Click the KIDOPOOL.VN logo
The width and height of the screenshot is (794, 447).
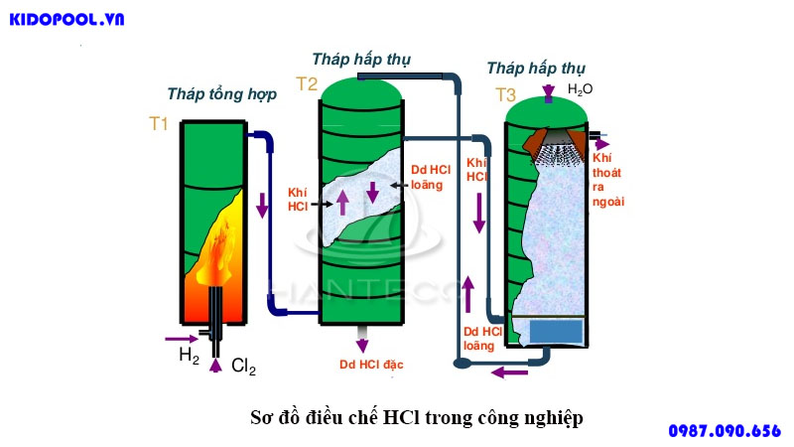click(66, 19)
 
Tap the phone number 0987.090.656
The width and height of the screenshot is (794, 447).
click(725, 430)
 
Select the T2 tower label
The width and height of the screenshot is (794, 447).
click(306, 84)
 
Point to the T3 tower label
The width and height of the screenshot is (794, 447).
click(505, 95)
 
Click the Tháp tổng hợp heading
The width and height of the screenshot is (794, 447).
click(221, 94)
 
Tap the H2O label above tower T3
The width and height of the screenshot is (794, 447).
click(580, 89)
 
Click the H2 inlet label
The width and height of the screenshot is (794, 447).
click(189, 354)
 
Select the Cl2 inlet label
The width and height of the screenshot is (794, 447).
click(243, 367)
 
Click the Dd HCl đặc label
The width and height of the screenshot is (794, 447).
click(371, 365)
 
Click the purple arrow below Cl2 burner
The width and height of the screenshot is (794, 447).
click(216, 365)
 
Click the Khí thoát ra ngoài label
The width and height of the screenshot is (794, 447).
click(607, 179)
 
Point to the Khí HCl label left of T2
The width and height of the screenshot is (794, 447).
click(299, 199)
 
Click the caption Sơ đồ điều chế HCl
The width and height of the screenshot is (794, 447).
click(416, 417)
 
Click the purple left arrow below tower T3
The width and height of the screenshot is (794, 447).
click(511, 372)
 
